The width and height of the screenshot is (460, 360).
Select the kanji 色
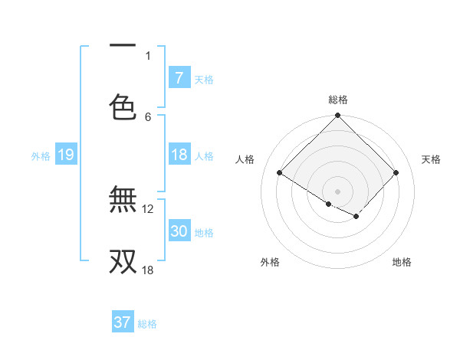click(x=123, y=106)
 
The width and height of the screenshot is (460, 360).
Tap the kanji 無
click(x=123, y=201)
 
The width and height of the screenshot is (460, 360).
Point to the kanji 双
click(x=123, y=260)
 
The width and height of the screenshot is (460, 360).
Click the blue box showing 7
click(x=179, y=77)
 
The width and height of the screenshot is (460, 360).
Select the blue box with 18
click(x=179, y=155)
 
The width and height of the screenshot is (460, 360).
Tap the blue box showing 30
click(x=179, y=231)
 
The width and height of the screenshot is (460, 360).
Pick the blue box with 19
click(x=66, y=155)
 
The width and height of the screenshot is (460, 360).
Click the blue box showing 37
click(x=122, y=322)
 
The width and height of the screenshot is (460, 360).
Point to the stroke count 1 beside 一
click(x=148, y=55)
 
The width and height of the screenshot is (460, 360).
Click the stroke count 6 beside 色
click(x=148, y=116)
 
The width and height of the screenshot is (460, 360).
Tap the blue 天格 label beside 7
click(x=204, y=79)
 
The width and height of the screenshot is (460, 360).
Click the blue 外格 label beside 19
click(x=41, y=155)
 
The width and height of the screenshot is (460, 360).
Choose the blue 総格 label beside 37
click(x=147, y=324)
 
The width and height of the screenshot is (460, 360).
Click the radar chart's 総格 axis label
click(x=338, y=100)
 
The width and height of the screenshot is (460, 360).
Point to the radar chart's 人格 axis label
click(x=245, y=159)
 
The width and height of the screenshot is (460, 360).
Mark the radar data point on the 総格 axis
click(x=338, y=116)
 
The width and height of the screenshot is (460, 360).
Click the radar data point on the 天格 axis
click(x=396, y=173)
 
